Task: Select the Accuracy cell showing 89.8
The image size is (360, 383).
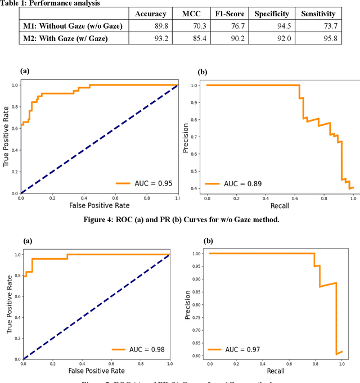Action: (150, 26)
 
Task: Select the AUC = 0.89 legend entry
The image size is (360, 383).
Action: (234, 183)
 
